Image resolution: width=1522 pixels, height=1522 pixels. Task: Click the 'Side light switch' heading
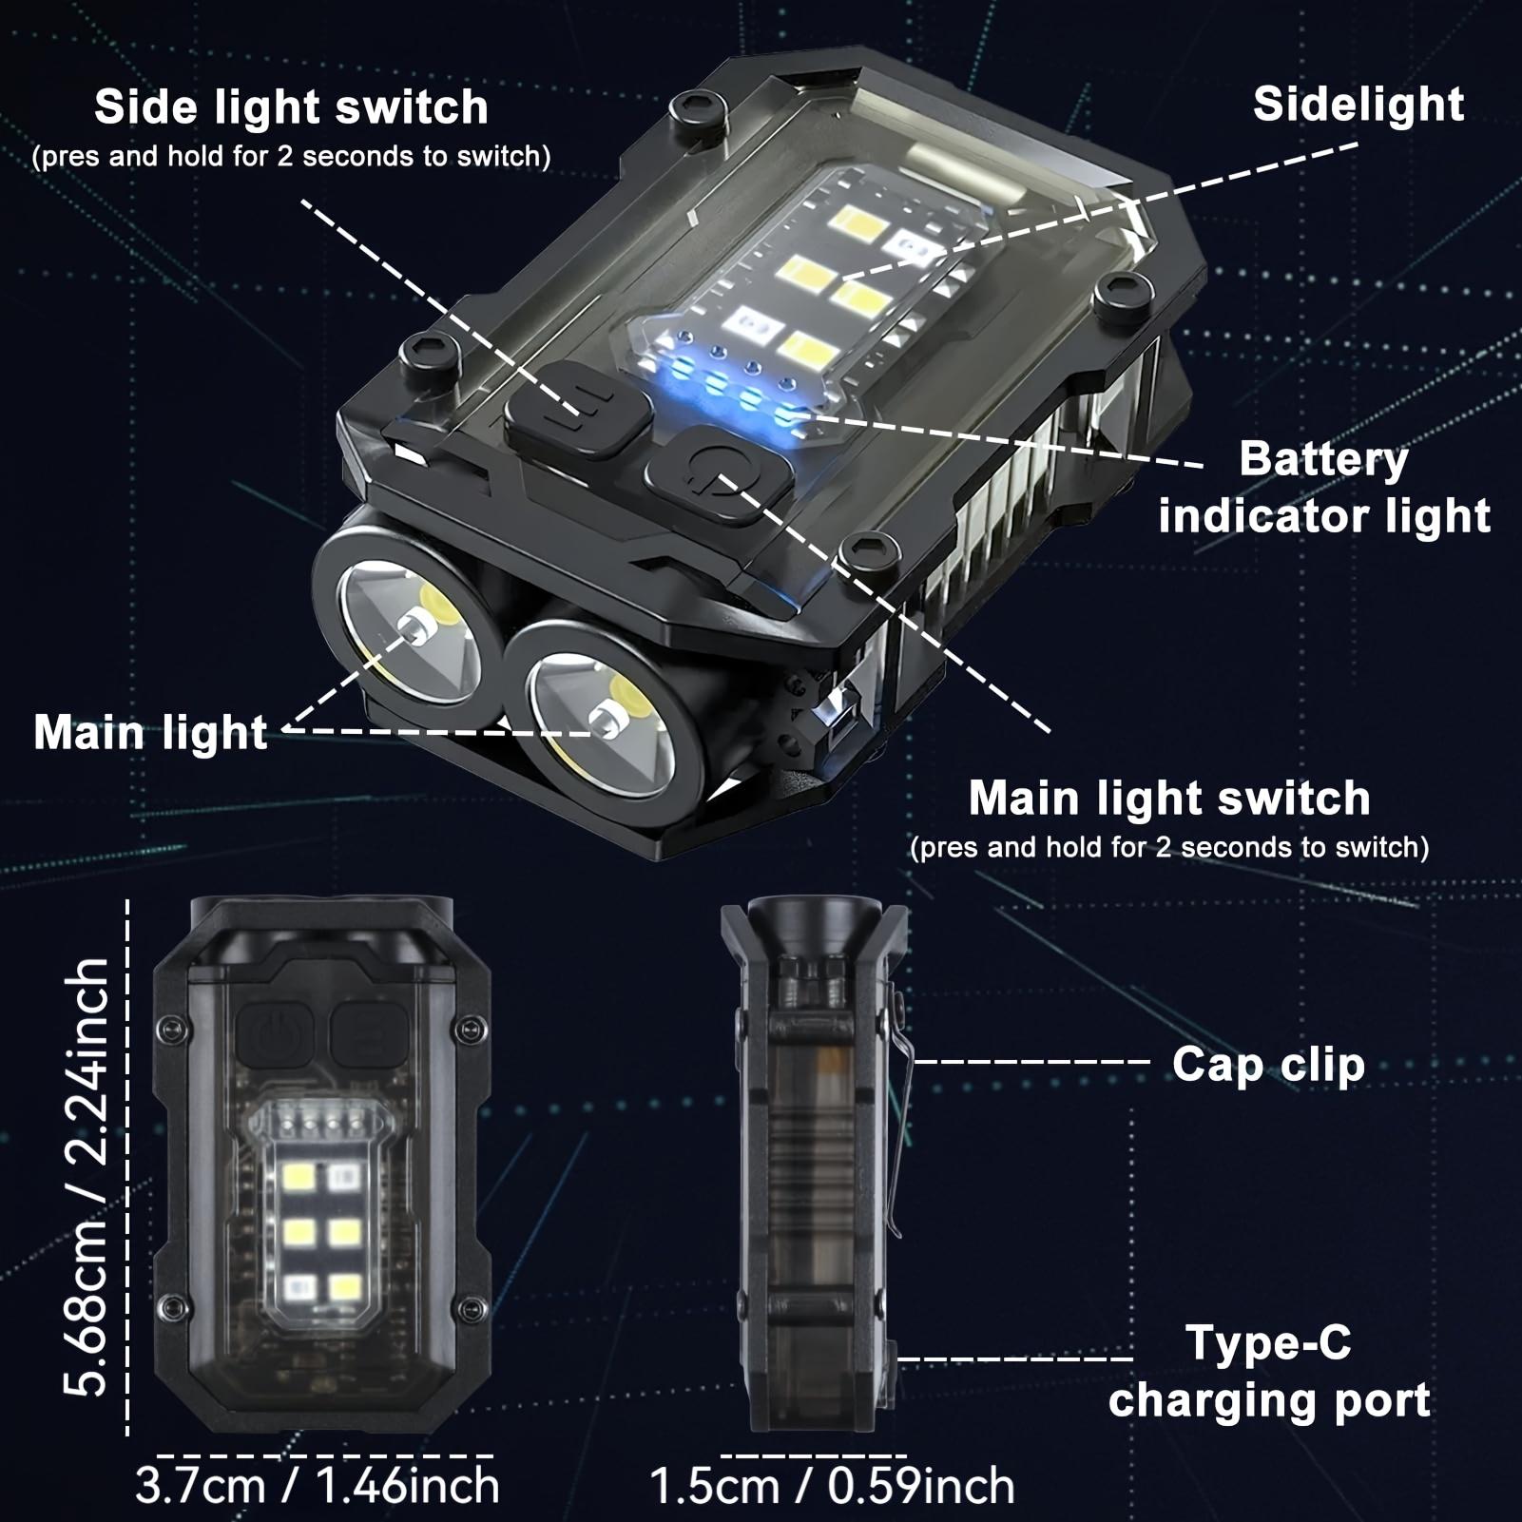point(291,106)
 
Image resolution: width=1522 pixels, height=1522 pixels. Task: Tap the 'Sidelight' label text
point(1358,104)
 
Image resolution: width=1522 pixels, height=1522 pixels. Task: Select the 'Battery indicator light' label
point(1323,488)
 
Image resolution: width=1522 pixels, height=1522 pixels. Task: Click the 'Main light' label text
point(150,732)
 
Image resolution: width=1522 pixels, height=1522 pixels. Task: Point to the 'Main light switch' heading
point(1169,798)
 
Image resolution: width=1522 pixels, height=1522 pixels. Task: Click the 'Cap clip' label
point(1267,1064)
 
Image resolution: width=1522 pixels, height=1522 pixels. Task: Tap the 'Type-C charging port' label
point(1269,1372)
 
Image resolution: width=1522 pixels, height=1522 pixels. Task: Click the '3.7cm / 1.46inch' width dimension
point(318,1486)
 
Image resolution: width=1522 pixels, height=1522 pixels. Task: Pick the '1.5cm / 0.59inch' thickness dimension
point(832,1486)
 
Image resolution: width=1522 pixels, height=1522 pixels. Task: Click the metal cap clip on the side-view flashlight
point(897,1112)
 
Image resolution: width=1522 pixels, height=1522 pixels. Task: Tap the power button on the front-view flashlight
point(273,1034)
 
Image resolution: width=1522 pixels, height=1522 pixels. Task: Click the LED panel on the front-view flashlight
point(321,1226)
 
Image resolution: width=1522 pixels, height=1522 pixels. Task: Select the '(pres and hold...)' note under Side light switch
point(291,157)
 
